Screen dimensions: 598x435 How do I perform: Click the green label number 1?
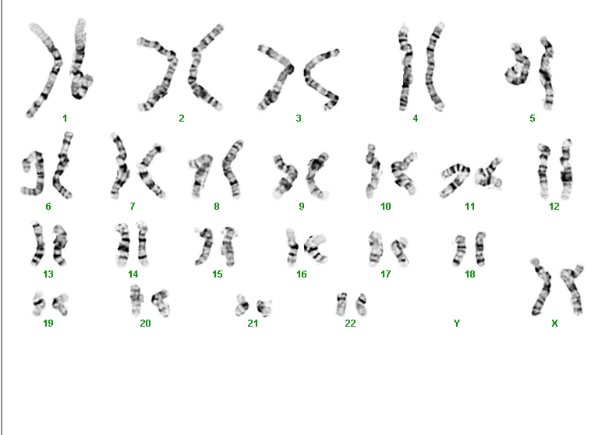[65, 118]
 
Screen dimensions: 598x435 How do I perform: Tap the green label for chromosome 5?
[533, 118]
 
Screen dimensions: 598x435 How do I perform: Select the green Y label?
[457, 324]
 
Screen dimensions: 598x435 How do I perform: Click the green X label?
[554, 324]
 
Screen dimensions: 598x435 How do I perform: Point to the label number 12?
[554, 207]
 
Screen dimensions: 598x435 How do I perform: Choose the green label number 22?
[350, 324]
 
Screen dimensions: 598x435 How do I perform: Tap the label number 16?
[301, 274]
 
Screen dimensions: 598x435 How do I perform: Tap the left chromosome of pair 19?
[38, 303]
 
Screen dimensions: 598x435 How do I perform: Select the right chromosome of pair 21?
[264, 307]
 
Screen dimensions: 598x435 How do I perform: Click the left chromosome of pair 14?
[123, 245]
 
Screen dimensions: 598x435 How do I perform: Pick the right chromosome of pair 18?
[480, 249]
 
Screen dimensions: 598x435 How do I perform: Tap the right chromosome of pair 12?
[566, 170]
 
